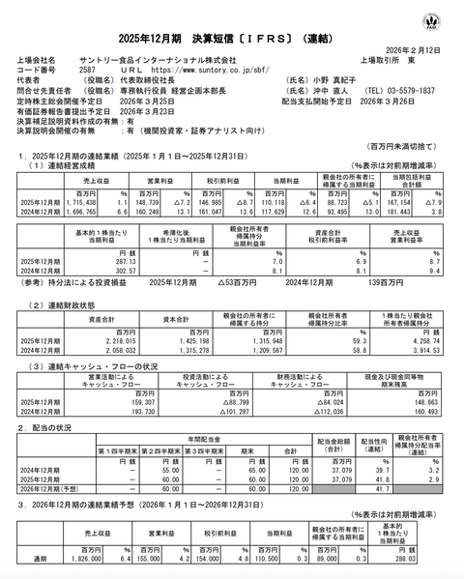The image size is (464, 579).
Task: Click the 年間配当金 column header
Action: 204,439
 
